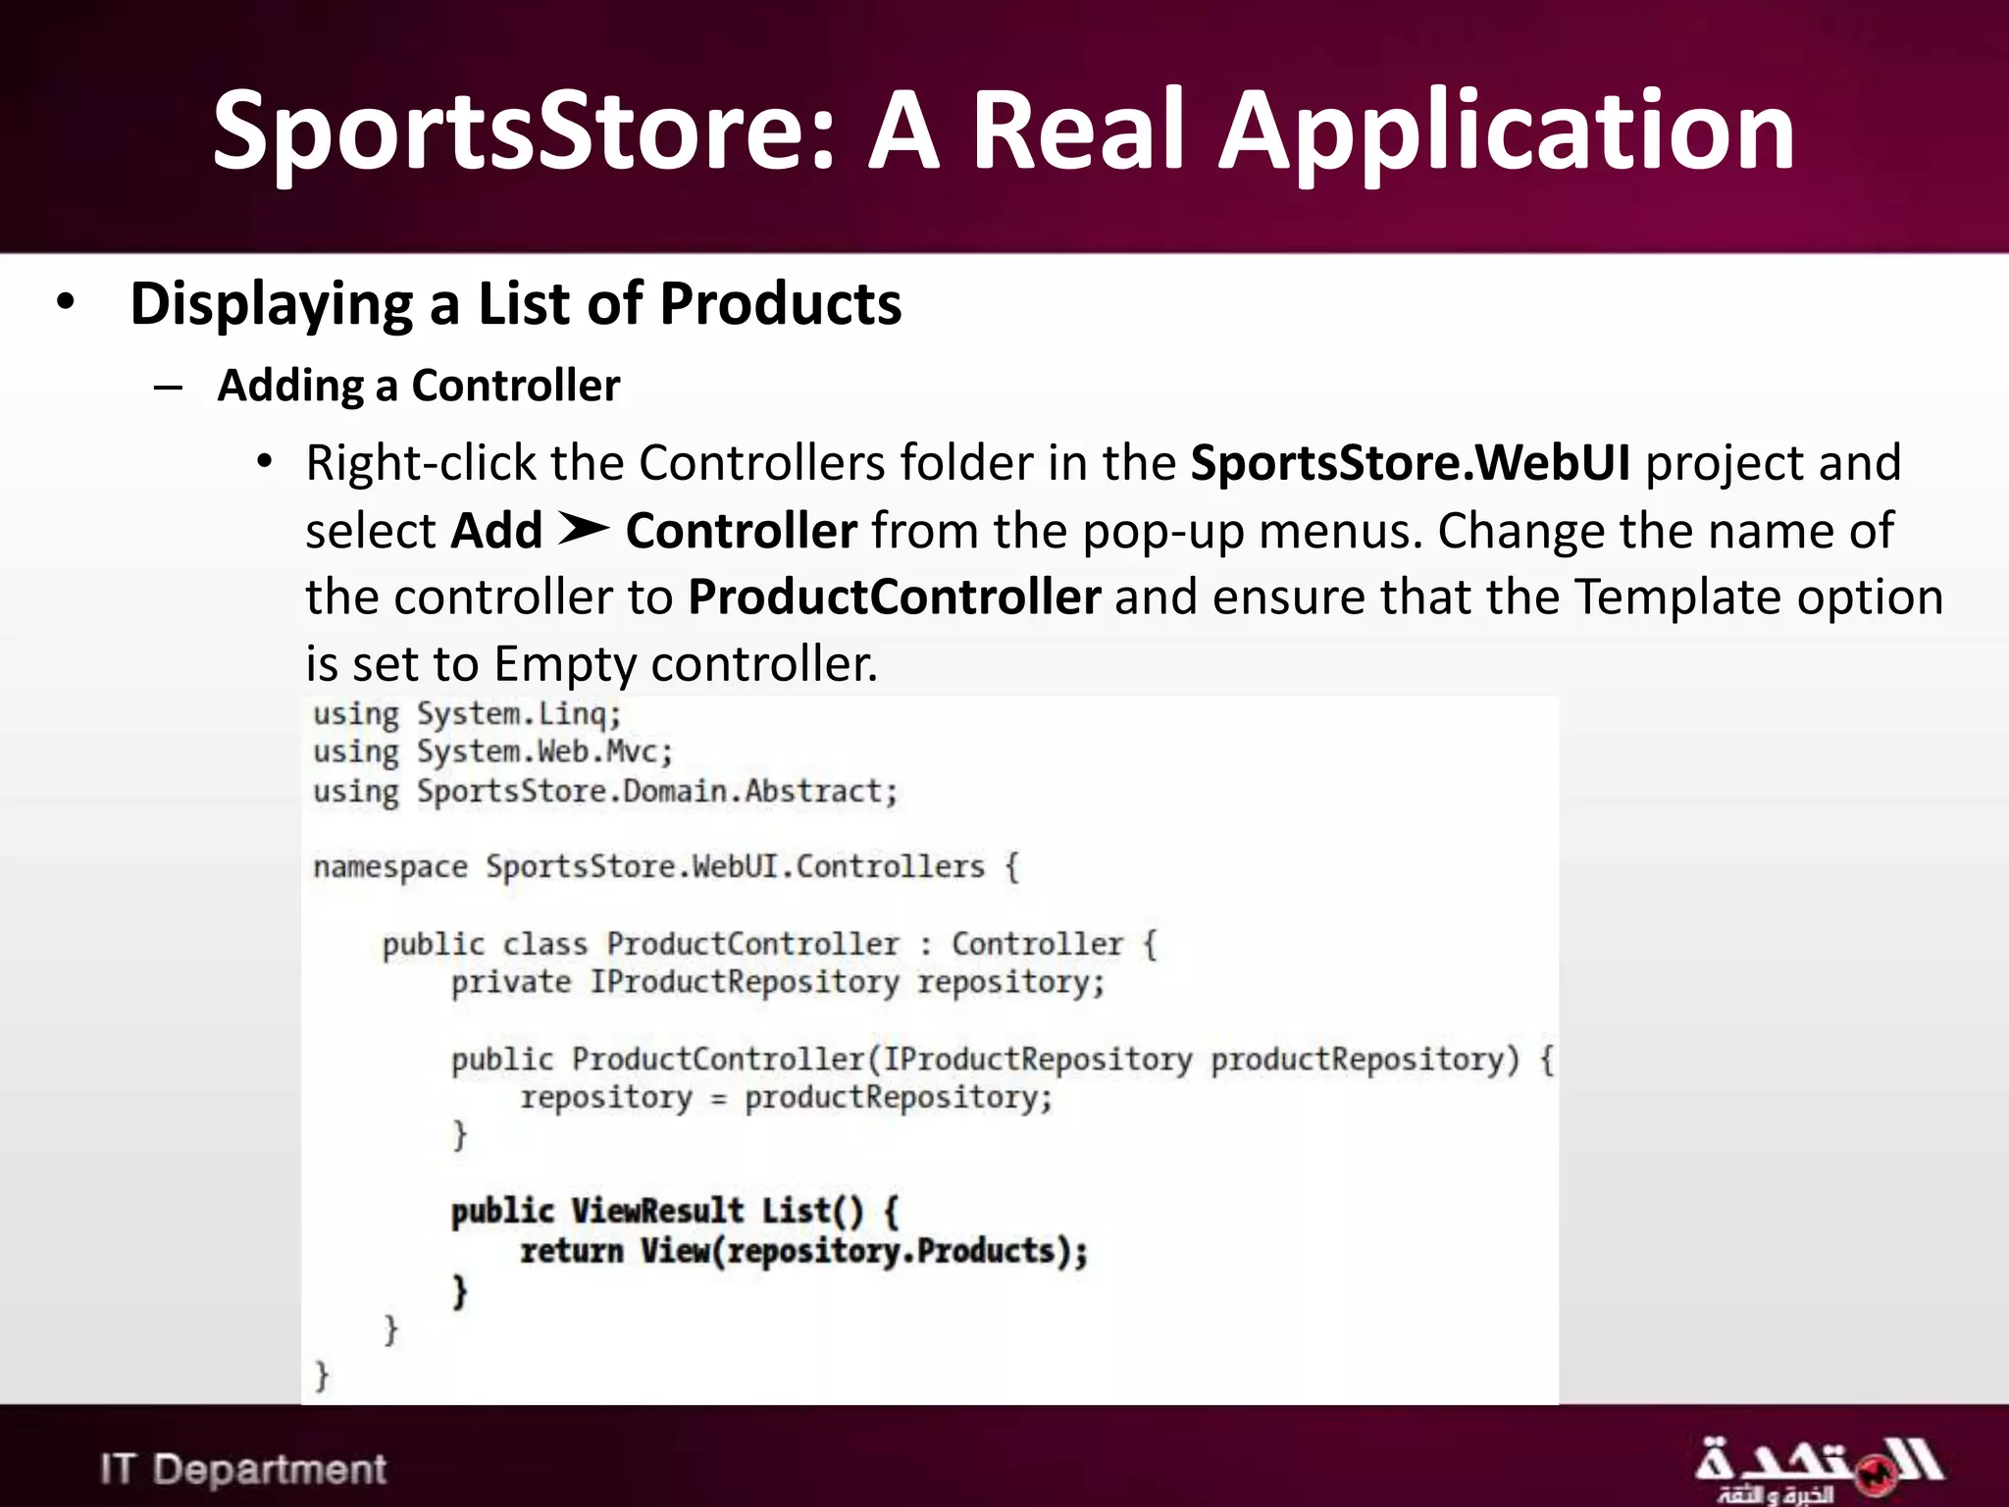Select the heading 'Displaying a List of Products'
pos(515,303)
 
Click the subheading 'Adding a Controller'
pos(418,386)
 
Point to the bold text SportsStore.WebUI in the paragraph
pos(1410,463)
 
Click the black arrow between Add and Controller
pos(584,530)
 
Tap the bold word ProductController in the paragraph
pos(894,597)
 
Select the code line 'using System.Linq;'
pos(467,714)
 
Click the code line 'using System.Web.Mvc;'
pos(492,753)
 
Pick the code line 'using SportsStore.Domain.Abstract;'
pos(605,792)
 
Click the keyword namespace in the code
pos(389,867)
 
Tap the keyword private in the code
pos(510,982)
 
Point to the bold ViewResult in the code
pos(657,1211)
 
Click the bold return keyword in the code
pos(571,1251)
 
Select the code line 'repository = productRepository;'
pos(786,1098)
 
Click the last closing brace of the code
pos(322,1376)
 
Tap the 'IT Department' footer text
pos(243,1469)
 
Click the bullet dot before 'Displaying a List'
pos(65,302)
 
